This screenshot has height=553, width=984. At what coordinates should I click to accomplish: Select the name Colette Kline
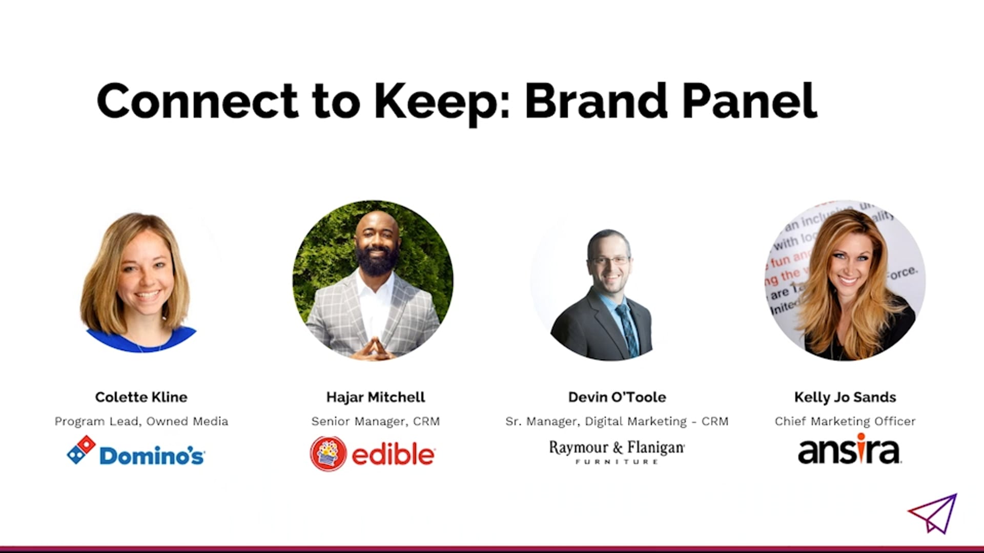[x=141, y=397]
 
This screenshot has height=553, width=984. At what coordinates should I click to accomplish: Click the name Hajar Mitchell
[x=376, y=397]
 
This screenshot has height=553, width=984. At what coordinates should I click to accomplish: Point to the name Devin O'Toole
[x=617, y=397]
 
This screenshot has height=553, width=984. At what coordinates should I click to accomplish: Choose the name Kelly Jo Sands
[x=845, y=397]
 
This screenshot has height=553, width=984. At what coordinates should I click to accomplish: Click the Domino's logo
[x=136, y=451]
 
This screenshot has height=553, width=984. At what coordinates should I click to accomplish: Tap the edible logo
[x=373, y=454]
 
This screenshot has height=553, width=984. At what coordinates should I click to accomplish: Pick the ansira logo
[x=849, y=449]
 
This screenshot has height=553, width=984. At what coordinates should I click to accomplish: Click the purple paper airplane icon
[x=933, y=514]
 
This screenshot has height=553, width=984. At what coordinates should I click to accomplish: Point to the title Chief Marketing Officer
[x=845, y=421]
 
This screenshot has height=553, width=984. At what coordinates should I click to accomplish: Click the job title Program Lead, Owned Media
[x=141, y=421]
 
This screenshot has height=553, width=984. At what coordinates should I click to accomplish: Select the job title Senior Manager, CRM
[x=376, y=421]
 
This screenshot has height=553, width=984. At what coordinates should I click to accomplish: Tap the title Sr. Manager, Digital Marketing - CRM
[x=617, y=421]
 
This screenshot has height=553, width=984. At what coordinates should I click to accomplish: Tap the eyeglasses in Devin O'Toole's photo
[x=610, y=260]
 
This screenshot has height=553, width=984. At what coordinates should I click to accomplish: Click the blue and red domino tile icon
[x=81, y=450]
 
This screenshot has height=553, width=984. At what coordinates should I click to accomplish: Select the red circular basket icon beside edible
[x=328, y=454]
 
